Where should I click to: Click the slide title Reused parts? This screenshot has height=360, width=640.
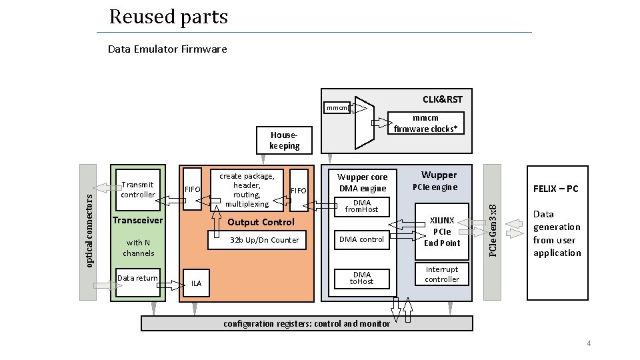click(x=168, y=17)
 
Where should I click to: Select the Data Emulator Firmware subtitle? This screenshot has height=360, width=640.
click(x=167, y=49)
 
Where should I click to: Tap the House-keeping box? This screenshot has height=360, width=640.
click(x=284, y=140)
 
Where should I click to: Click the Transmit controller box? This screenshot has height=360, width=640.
click(x=138, y=190)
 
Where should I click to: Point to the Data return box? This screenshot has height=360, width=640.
click(x=138, y=282)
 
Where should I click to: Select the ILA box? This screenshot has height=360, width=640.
click(x=196, y=283)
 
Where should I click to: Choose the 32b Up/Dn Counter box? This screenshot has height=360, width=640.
click(x=257, y=240)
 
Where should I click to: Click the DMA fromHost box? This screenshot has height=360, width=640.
click(x=361, y=207)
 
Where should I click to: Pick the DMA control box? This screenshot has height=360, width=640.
click(x=361, y=239)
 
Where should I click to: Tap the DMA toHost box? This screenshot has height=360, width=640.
click(x=361, y=279)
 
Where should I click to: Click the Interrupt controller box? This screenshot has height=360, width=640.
click(x=441, y=274)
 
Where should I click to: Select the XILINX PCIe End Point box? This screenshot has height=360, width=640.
click(x=441, y=231)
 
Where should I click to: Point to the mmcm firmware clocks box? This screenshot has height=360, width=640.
click(x=426, y=123)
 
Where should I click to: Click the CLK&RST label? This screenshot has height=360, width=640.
click(x=443, y=99)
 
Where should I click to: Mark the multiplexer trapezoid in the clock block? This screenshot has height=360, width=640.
click(x=365, y=123)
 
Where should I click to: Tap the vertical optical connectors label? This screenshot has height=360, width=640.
click(x=89, y=231)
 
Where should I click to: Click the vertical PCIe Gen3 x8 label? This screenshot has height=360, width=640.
click(x=493, y=231)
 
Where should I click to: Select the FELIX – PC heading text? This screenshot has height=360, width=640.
click(x=556, y=189)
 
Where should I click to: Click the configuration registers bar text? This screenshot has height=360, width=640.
click(x=307, y=324)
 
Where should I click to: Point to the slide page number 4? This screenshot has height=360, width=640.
click(x=589, y=343)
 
